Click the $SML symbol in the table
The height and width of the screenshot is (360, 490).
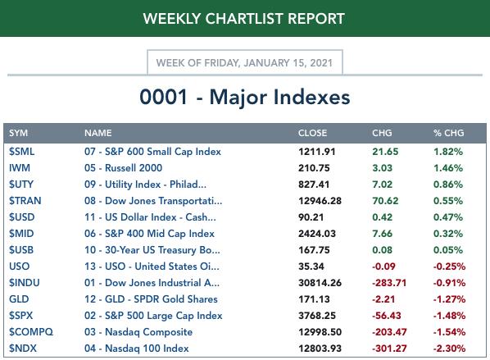tap(21, 152)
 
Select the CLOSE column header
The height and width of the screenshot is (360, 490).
tap(312, 133)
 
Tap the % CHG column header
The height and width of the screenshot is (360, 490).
tap(448, 133)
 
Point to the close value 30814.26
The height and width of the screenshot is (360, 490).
tap(320, 283)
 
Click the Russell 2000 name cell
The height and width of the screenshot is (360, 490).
tap(123, 168)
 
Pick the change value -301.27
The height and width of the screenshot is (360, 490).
tap(389, 349)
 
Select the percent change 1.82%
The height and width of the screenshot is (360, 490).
tap(448, 152)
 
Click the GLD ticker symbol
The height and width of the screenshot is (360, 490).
tap(19, 299)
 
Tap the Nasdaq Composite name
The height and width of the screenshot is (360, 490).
tap(138, 332)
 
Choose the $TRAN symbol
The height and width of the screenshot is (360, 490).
tap(25, 201)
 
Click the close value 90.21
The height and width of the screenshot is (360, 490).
tap(311, 217)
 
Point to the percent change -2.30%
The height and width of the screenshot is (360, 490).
tap(449, 349)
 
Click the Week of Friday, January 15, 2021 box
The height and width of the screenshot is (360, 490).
tap(245, 62)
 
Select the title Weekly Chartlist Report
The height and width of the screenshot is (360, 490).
tap(243, 19)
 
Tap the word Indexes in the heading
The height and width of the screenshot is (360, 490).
tap(311, 97)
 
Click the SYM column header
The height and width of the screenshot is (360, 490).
tap(18, 133)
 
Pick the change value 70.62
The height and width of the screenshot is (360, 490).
tap(385, 201)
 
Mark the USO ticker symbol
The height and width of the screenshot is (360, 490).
tap(19, 267)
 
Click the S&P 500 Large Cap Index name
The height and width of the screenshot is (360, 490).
tap(153, 316)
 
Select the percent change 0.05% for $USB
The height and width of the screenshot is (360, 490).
tap(448, 250)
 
